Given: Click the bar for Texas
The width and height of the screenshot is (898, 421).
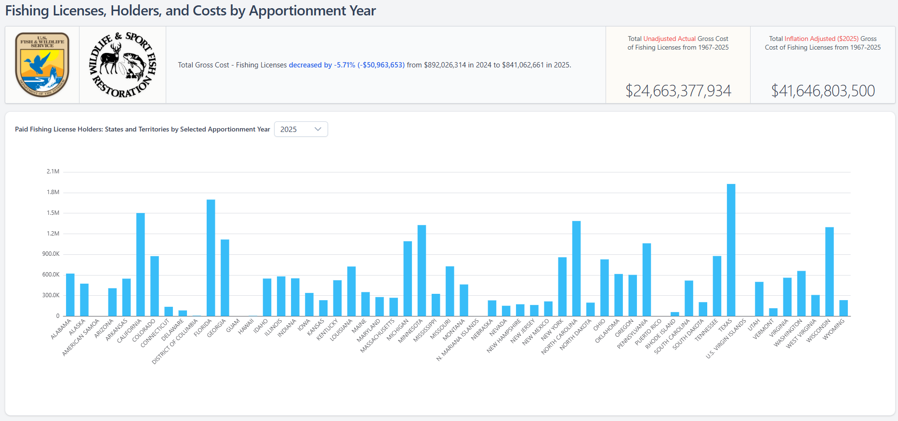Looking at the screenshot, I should point(731,250).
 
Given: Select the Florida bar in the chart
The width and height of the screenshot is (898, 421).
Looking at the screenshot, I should point(211,258).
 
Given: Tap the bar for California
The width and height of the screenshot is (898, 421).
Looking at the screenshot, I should point(140,265).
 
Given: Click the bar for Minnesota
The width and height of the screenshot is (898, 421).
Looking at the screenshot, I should point(422,270).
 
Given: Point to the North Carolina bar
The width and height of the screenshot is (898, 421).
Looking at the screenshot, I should point(576,268).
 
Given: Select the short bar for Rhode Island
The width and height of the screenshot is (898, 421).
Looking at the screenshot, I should point(674,314).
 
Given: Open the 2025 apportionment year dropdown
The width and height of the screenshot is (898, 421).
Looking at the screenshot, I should point(301,129).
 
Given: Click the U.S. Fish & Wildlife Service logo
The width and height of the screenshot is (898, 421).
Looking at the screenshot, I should point(42,65).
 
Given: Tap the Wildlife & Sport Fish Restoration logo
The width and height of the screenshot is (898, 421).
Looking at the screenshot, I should point(123,65).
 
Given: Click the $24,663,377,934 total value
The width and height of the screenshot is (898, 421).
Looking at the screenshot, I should point(678,91).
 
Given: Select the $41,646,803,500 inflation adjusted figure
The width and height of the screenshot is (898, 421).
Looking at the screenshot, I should point(823,91).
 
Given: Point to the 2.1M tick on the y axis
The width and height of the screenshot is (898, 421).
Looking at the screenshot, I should point(53,171).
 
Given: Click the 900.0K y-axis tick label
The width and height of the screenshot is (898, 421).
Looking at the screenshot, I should point(51,254).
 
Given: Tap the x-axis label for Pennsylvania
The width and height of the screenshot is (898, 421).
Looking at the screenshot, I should point(633,334).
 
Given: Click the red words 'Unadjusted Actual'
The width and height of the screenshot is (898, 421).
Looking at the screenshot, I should point(669,39).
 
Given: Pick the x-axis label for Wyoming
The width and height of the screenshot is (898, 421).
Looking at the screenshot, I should point(833,329).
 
